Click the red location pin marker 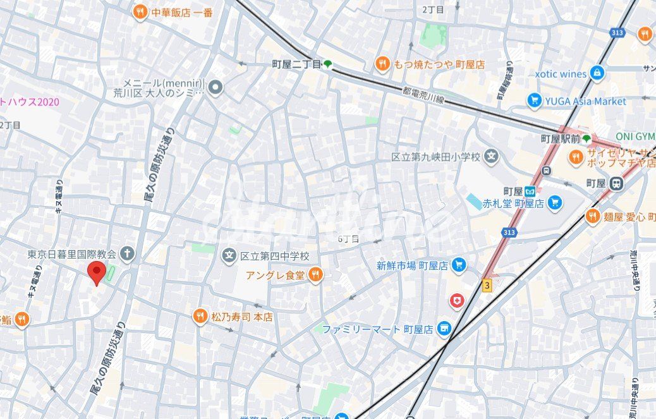click(95, 274)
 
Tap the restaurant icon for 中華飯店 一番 click(140, 12)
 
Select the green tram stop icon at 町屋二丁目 click(327, 64)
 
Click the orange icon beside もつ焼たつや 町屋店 click(382, 64)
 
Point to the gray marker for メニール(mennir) click(216, 87)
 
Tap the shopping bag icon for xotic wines click(597, 73)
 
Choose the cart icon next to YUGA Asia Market click(535, 100)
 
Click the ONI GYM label click(636, 137)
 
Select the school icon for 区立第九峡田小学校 click(492, 156)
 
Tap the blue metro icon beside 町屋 click(531, 191)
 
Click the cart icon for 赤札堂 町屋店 click(555, 203)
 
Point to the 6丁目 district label click(348, 239)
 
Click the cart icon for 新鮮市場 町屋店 click(459, 265)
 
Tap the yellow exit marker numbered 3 click(486, 285)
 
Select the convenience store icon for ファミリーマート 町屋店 click(444, 329)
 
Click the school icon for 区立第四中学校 click(228, 256)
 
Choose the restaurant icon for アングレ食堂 click(315, 274)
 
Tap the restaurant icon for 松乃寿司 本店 click(200, 317)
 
